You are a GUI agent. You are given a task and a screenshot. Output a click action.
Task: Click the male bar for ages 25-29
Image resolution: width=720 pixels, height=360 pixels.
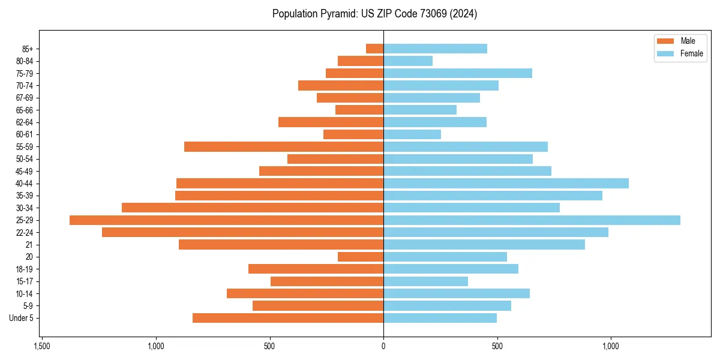[226, 220]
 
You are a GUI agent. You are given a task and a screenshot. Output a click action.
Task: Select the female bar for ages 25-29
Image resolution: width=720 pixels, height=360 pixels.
[532, 220]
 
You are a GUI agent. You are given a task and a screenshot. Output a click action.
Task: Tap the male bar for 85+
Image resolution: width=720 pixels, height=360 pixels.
[374, 49]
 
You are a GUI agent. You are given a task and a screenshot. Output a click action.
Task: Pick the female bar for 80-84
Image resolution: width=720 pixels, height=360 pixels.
[408, 61]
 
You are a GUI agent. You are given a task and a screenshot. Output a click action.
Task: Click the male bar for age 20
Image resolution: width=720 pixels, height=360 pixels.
[361, 257]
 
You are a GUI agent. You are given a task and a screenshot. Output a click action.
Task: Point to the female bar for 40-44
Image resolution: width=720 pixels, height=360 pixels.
[506, 183]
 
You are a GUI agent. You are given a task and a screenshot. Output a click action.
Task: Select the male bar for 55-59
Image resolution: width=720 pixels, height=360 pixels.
[284, 146]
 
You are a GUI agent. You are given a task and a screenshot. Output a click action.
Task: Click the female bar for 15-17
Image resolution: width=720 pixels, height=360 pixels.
[425, 281]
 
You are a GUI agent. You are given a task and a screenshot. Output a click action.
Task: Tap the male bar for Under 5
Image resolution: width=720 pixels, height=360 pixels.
[288, 318]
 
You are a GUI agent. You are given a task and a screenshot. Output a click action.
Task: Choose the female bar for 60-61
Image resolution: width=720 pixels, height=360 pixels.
[412, 134]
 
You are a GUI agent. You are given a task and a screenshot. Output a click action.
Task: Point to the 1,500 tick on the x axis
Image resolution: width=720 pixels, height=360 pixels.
[42, 347]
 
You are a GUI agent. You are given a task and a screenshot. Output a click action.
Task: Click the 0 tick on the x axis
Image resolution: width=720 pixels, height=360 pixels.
[383, 347]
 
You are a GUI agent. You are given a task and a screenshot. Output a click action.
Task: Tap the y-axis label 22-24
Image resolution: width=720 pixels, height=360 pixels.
[25, 232]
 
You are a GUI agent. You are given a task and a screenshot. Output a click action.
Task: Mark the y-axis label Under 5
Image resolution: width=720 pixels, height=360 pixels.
[21, 318]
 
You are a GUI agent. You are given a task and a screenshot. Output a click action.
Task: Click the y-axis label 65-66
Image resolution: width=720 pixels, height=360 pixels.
[25, 110]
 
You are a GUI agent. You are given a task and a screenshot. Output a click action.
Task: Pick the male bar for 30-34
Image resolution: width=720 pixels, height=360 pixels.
[253, 208]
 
